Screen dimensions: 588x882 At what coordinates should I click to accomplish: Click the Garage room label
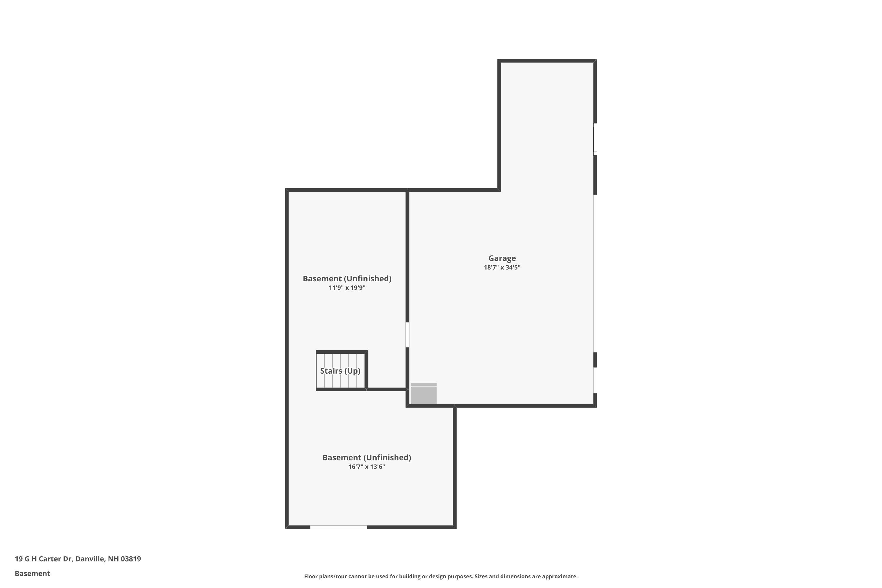point(502,258)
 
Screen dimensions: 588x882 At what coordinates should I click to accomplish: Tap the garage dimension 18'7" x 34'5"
point(502,267)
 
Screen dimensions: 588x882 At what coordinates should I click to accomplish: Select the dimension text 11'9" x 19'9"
point(347,288)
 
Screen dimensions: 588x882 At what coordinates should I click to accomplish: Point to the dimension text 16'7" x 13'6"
point(366,467)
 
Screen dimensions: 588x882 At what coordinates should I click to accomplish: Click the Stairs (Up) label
point(340,371)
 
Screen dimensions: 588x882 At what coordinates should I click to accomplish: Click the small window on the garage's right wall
point(595,139)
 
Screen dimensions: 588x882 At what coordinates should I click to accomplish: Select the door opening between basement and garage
point(407,335)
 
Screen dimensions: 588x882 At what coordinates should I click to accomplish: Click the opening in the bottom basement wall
point(338,527)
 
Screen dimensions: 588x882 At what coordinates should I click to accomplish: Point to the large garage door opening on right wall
point(595,273)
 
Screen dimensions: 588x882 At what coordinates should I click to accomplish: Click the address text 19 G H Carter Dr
point(43,559)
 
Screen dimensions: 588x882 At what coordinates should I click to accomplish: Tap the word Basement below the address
point(32,573)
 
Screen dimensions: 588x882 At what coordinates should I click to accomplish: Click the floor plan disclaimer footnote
point(441,576)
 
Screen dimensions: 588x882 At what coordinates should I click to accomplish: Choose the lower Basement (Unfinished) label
point(366,457)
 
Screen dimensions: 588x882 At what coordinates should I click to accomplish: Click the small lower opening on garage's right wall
point(595,380)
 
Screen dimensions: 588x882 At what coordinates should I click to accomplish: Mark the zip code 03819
point(131,559)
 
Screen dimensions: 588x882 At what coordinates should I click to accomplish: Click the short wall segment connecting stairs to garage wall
point(387,389)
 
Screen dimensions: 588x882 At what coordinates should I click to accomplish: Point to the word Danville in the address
point(90,559)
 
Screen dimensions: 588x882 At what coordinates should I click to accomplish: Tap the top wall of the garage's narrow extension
point(547,60)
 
